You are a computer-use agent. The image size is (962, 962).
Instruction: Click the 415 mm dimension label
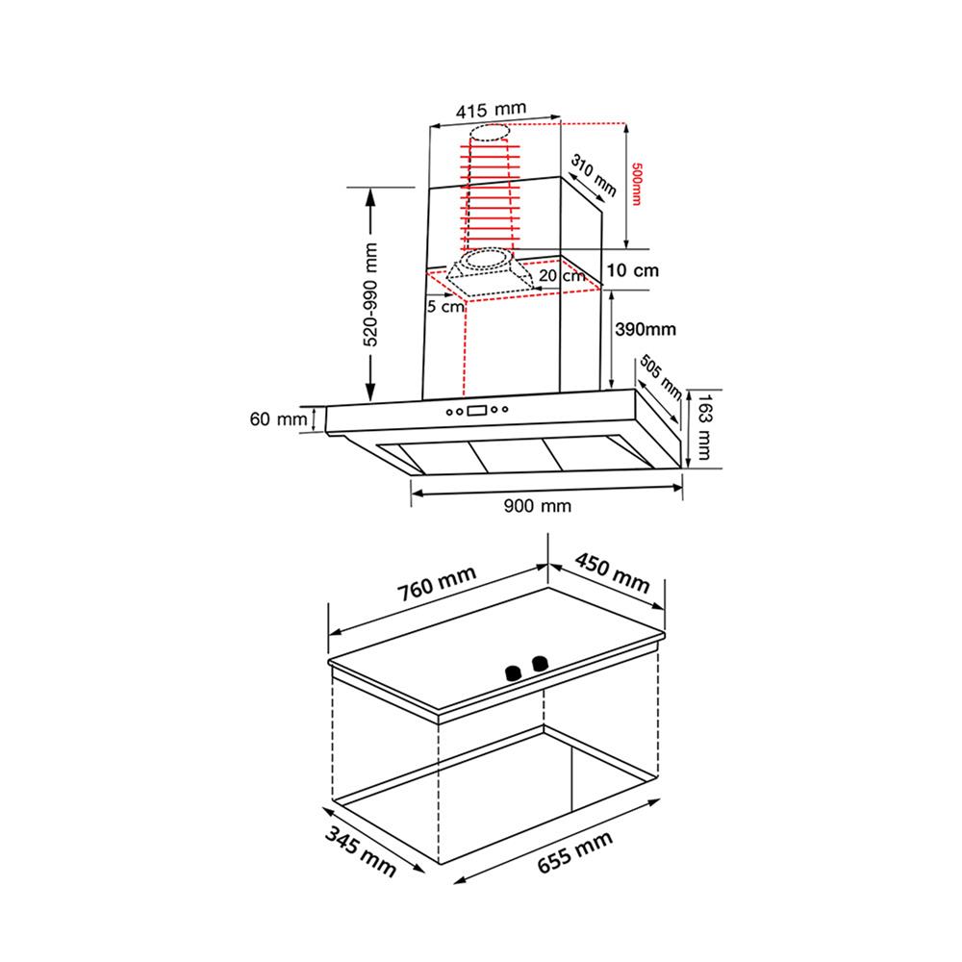click(x=491, y=110)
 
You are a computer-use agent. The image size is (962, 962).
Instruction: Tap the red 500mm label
click(x=636, y=184)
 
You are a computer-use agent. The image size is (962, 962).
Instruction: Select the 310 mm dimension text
click(x=594, y=175)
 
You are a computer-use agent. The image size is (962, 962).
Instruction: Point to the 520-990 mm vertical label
click(x=370, y=294)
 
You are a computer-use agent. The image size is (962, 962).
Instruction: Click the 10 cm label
click(x=633, y=270)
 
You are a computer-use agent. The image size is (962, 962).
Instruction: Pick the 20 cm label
click(x=562, y=275)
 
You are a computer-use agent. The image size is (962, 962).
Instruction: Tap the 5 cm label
click(x=445, y=306)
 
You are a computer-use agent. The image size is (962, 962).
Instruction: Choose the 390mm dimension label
click(x=646, y=329)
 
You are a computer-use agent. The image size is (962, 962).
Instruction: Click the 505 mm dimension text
click(x=661, y=376)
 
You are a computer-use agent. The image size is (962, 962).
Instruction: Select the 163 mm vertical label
click(x=704, y=427)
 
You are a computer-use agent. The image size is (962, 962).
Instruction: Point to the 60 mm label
click(x=278, y=419)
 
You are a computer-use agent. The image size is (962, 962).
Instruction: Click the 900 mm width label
click(x=538, y=506)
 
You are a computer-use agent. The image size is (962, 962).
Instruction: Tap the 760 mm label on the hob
click(x=436, y=584)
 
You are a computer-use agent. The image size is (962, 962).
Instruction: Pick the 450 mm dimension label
click(x=612, y=573)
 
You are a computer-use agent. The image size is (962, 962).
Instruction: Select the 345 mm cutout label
click(x=360, y=851)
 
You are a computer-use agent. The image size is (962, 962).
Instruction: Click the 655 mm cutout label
click(x=575, y=851)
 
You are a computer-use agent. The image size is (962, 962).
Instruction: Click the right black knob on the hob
click(x=540, y=664)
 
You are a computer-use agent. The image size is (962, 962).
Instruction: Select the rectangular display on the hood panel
click(x=477, y=411)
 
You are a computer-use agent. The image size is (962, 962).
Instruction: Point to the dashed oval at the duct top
click(x=490, y=132)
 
